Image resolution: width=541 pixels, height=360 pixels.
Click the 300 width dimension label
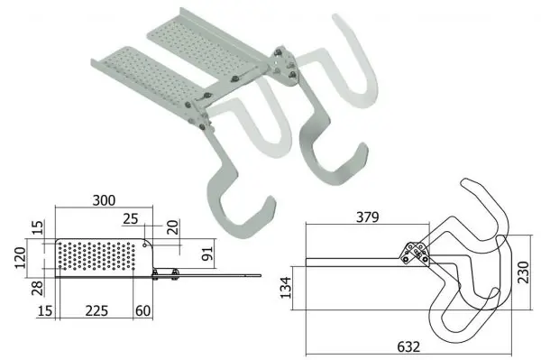point(104,200)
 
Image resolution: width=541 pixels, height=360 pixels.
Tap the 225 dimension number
point(96,311)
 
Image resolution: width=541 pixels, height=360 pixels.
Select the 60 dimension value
point(142,311)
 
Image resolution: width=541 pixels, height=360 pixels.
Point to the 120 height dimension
point(20,258)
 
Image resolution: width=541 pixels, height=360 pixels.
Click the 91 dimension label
point(207,254)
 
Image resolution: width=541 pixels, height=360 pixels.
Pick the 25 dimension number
point(131,219)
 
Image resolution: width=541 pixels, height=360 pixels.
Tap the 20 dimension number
point(173,227)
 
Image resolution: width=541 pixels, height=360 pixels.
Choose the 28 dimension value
point(38,288)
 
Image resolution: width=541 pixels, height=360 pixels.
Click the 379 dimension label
point(368,217)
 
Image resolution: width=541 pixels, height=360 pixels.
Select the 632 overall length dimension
point(408,346)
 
